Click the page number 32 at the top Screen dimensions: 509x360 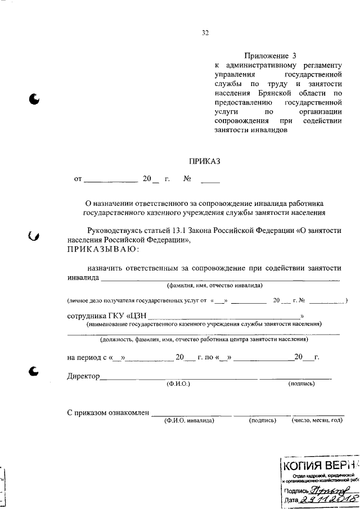click(x=205, y=33)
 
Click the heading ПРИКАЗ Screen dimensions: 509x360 click(x=205, y=161)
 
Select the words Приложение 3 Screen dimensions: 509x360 click(x=270, y=55)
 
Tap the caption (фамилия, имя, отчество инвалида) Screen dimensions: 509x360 click(x=215, y=286)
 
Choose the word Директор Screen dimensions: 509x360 click(x=83, y=376)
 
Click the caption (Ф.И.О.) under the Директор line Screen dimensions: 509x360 click(x=178, y=384)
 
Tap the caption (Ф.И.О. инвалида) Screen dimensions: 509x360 click(x=189, y=420)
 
